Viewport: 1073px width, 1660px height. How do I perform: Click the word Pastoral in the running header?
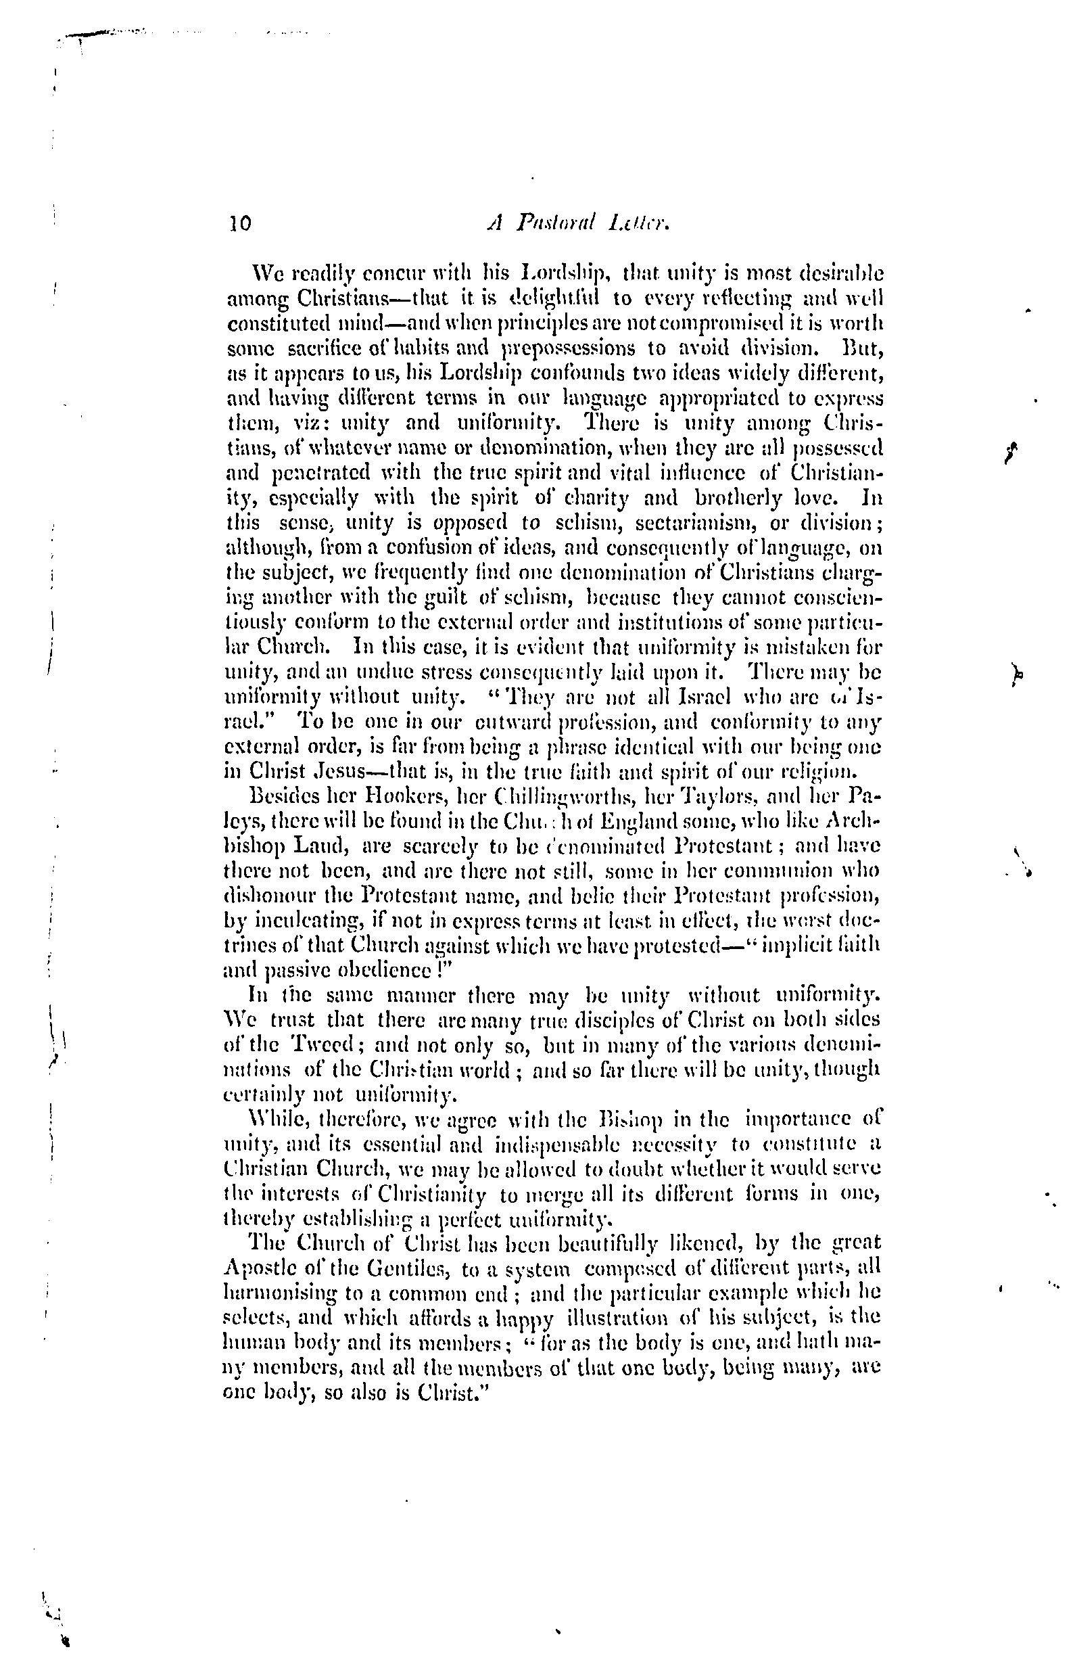[x=556, y=223]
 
